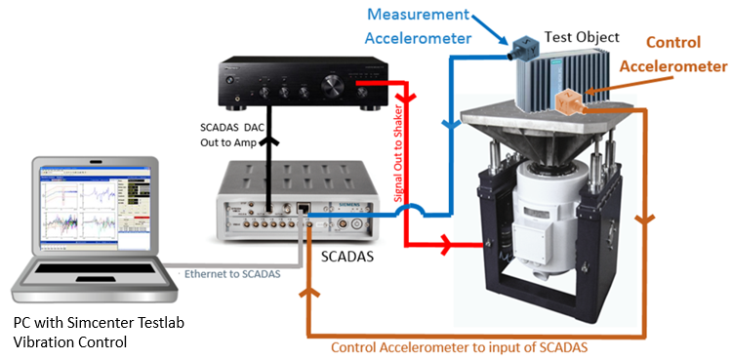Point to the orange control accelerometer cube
click(569, 101)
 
